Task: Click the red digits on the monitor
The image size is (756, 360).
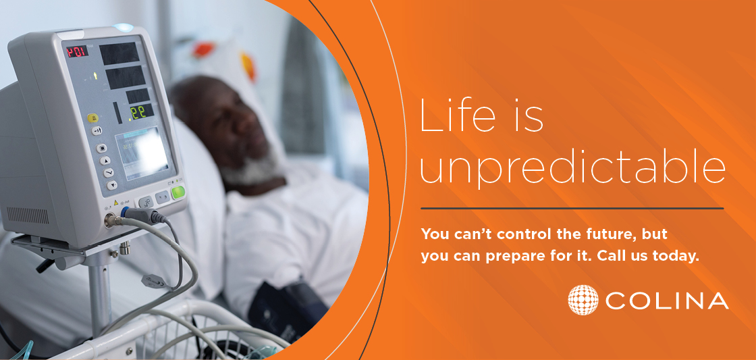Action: click(x=77, y=51)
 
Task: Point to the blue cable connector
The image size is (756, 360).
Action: click(x=126, y=211)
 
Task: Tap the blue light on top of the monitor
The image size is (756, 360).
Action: click(x=123, y=28)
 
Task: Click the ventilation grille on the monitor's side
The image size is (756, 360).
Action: click(x=28, y=215)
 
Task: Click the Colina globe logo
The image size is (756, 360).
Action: click(x=583, y=300)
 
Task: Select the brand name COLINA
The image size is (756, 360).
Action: click(x=667, y=300)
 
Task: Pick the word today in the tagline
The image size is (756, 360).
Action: click(x=676, y=257)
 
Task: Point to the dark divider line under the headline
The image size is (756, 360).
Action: click(x=572, y=209)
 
